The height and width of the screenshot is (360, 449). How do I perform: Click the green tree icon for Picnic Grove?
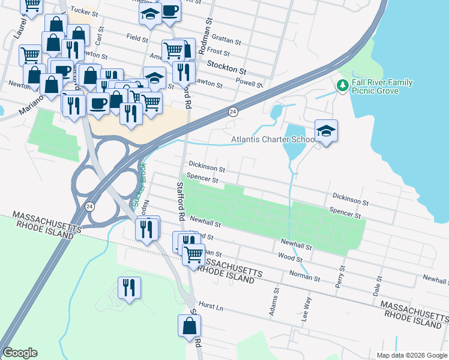click(343, 86)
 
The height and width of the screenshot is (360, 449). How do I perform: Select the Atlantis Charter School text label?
click(274, 140)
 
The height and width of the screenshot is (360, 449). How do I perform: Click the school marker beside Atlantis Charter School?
click(326, 131)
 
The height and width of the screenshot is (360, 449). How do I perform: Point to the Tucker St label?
click(83, 11)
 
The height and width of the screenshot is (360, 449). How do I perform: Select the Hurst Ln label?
click(211, 307)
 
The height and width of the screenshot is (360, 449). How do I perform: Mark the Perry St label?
click(340, 276)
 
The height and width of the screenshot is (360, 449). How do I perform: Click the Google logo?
click(20, 353)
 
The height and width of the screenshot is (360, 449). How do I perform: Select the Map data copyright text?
click(412, 355)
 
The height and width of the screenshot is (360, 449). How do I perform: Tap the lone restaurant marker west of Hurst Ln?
click(129, 288)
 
